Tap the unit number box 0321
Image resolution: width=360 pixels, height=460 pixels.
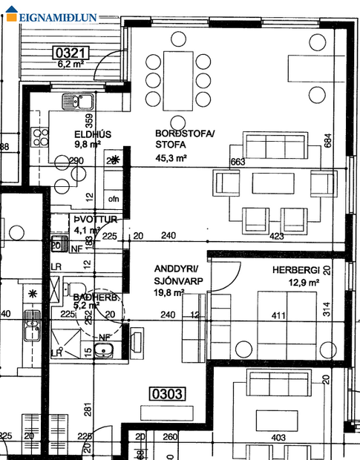tap(72, 53)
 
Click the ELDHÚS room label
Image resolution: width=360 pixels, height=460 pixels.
tap(94, 134)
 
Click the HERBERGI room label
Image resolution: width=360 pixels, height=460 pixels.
tap(295, 271)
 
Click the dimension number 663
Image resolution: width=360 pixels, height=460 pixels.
tap(238, 162)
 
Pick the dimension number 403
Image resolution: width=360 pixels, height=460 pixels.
tap(278, 438)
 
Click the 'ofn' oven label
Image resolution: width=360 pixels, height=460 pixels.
tap(114, 199)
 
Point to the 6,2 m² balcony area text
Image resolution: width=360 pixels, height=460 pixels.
tap(72, 65)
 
